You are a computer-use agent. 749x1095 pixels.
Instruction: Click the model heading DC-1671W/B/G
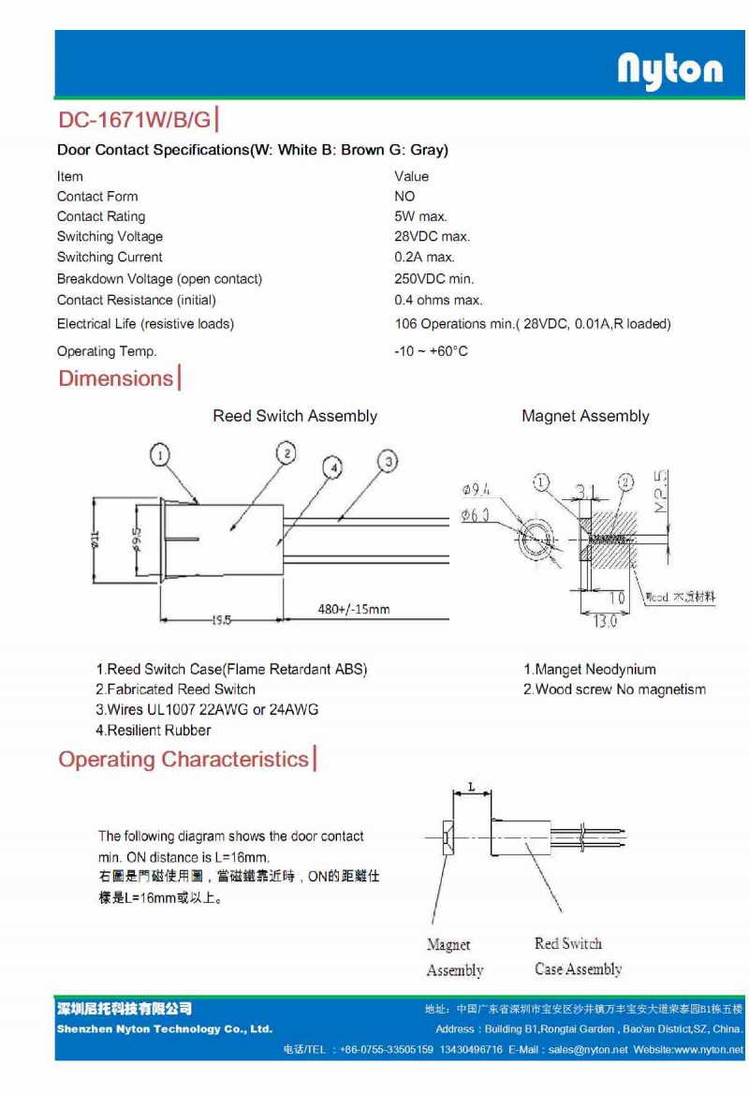click(135, 121)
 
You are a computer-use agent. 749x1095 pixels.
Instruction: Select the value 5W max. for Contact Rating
click(420, 216)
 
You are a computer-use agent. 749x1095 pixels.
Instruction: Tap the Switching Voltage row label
click(110, 237)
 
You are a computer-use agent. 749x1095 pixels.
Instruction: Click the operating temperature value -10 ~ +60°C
click(431, 351)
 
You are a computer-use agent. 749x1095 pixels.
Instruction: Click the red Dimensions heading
click(116, 378)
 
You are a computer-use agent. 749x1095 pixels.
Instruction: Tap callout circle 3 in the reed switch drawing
click(388, 460)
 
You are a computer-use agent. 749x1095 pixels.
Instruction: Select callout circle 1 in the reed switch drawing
click(161, 455)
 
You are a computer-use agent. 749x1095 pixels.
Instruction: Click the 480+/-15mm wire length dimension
click(354, 610)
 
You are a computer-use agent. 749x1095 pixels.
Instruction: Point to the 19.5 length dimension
click(221, 619)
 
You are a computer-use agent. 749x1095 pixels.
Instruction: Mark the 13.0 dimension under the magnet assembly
click(605, 621)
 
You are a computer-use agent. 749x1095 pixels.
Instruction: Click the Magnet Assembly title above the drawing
click(585, 416)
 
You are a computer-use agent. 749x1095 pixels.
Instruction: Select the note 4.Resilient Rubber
click(154, 731)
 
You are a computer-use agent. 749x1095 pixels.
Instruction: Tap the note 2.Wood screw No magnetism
click(614, 690)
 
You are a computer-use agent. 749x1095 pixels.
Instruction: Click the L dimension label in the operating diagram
click(471, 785)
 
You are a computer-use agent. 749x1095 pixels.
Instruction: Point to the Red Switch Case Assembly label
click(578, 956)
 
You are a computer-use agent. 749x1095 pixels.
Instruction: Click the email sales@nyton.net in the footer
click(588, 1050)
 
